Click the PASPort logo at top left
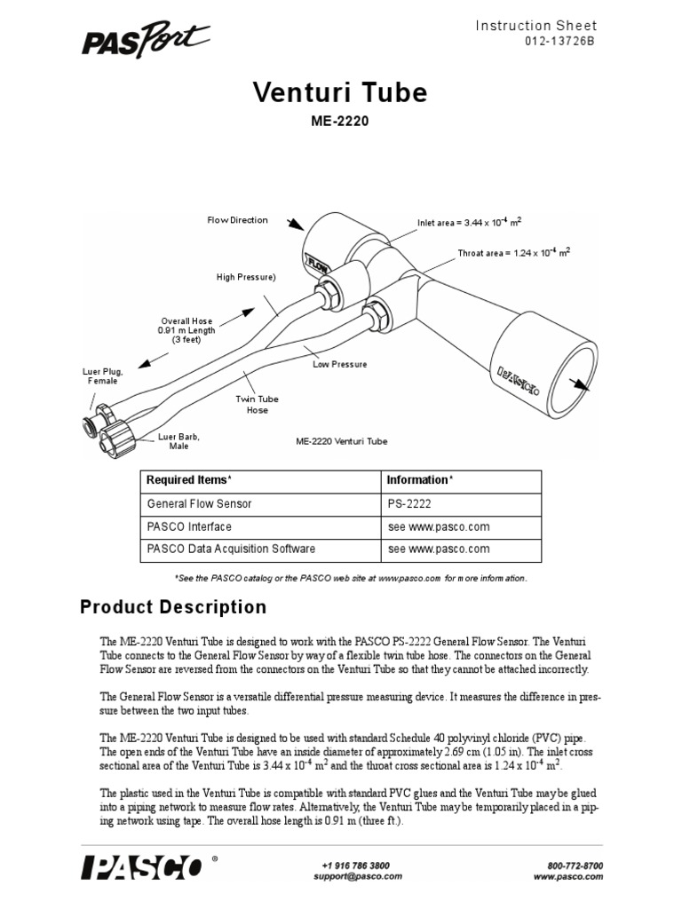pyautogui.click(x=146, y=40)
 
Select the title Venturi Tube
pyautogui.click(x=340, y=92)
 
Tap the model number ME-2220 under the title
pyautogui.click(x=340, y=123)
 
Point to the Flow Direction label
pyautogui.click(x=237, y=220)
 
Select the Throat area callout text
pyautogui.click(x=513, y=252)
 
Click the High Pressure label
pyautogui.click(x=246, y=278)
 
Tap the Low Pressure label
pyautogui.click(x=339, y=364)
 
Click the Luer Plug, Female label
pyautogui.click(x=102, y=375)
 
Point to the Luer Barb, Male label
pyautogui.click(x=178, y=441)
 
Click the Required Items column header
pyautogui.click(x=188, y=480)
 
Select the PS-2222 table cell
pyautogui.click(x=408, y=503)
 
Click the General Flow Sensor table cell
pyautogui.click(x=199, y=503)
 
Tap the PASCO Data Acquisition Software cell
pyautogui.click(x=231, y=549)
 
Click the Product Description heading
pyautogui.click(x=173, y=608)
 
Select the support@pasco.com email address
pyautogui.click(x=353, y=876)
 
